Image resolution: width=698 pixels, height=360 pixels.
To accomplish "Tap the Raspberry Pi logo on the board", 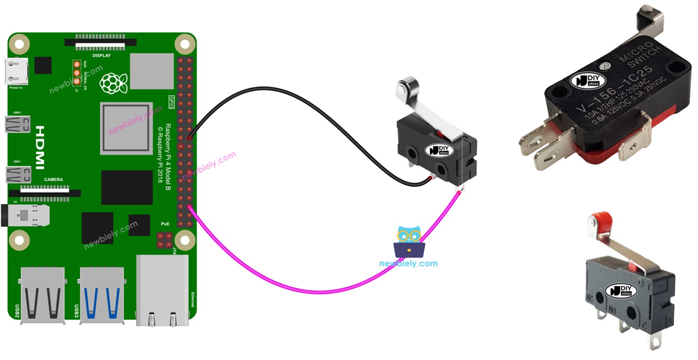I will point(113,83).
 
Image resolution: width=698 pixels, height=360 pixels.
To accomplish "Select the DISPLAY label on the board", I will point(101,56).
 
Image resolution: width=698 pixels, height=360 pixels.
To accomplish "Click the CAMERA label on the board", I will point(53,180).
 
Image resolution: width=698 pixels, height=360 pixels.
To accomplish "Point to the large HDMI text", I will point(40,147).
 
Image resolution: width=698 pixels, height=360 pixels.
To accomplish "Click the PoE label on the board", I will point(165,224).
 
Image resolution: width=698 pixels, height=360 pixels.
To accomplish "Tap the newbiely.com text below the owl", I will point(408,264).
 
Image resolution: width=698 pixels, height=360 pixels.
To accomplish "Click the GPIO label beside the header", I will point(171,101).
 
